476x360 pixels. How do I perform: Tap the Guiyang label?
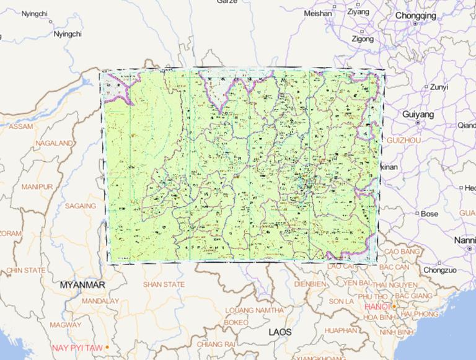[418, 115]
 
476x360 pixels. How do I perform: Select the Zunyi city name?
[439, 87]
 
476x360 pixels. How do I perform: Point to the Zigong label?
[363, 38]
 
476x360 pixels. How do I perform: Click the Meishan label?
[318, 13]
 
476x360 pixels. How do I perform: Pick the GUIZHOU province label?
[403, 141]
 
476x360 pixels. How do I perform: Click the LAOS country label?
[280, 332]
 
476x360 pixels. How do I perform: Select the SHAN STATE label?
[164, 284]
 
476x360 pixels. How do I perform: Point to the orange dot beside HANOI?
[394, 306]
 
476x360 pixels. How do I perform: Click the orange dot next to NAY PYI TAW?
[107, 347]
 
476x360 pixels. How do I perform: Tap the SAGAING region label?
[81, 206]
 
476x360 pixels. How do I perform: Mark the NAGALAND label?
[55, 143]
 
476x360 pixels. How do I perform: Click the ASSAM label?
[21, 126]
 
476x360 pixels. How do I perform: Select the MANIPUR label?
[37, 187]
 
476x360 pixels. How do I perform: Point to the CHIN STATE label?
[26, 270]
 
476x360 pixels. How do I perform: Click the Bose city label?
[430, 214]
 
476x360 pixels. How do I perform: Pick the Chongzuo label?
[440, 270]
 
